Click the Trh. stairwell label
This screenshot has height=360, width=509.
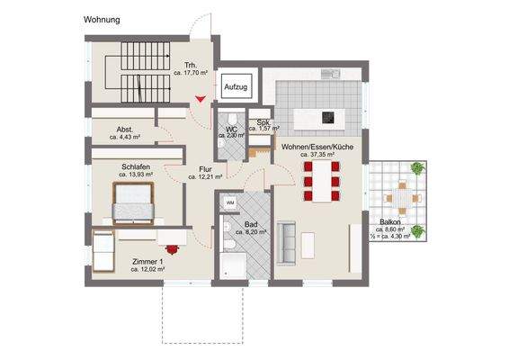click(x=190, y=66)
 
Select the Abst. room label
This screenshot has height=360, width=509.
click(x=125, y=130)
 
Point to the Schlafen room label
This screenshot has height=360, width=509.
click(x=129, y=167)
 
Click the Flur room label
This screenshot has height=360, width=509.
click(x=204, y=168)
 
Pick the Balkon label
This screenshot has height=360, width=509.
click(x=390, y=221)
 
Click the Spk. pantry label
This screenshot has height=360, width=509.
click(x=263, y=121)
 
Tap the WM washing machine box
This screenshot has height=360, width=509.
click(x=230, y=202)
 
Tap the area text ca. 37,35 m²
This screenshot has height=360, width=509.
click(x=319, y=154)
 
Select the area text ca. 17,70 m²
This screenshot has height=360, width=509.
click(x=190, y=75)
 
